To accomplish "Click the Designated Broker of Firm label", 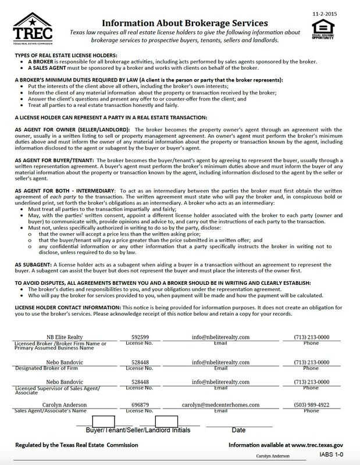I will (38, 368).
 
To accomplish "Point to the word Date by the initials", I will (239, 431).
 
